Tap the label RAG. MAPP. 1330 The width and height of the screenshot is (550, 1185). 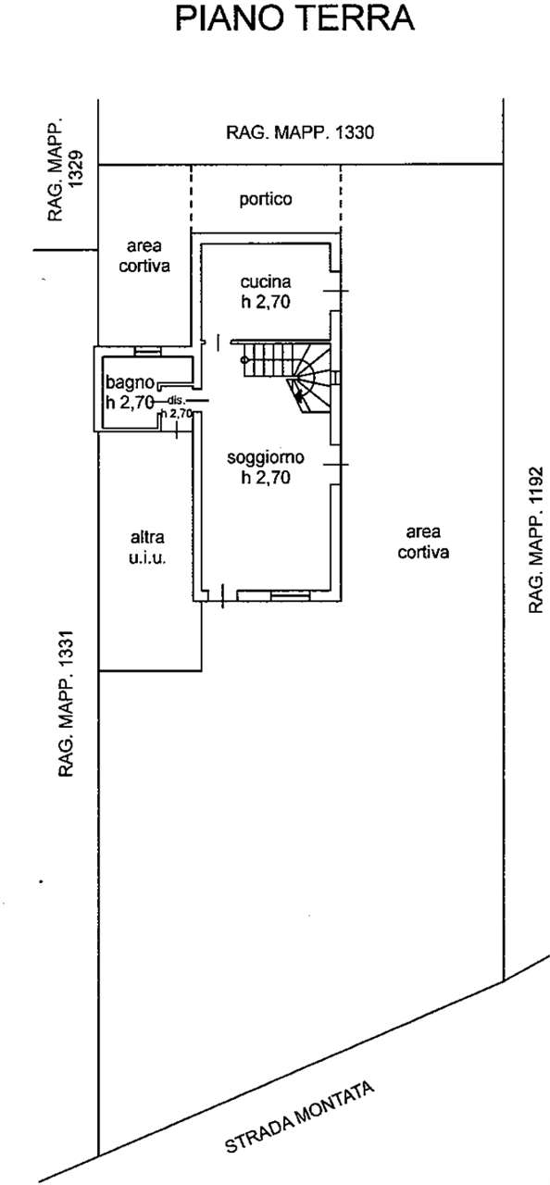tap(300, 131)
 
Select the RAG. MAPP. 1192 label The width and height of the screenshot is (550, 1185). tap(536, 539)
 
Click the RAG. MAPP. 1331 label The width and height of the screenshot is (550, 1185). tap(66, 705)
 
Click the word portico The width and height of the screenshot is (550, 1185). tap(266, 199)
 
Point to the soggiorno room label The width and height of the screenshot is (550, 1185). tap(266, 457)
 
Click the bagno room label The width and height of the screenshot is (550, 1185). tap(131, 382)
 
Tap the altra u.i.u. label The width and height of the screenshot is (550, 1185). tap(147, 547)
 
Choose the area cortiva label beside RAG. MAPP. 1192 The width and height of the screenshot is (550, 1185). tap(423, 542)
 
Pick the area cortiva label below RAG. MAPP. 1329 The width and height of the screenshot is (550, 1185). tap(144, 256)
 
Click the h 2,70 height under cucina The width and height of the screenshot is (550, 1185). tap(266, 302)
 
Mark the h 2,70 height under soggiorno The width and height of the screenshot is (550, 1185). tap(266, 477)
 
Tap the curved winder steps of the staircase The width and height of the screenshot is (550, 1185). tap(309, 386)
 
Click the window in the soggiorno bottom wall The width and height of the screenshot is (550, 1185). tap(291, 596)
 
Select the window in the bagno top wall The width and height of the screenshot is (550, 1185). tap(147, 350)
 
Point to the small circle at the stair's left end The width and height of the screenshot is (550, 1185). tap(244, 360)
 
